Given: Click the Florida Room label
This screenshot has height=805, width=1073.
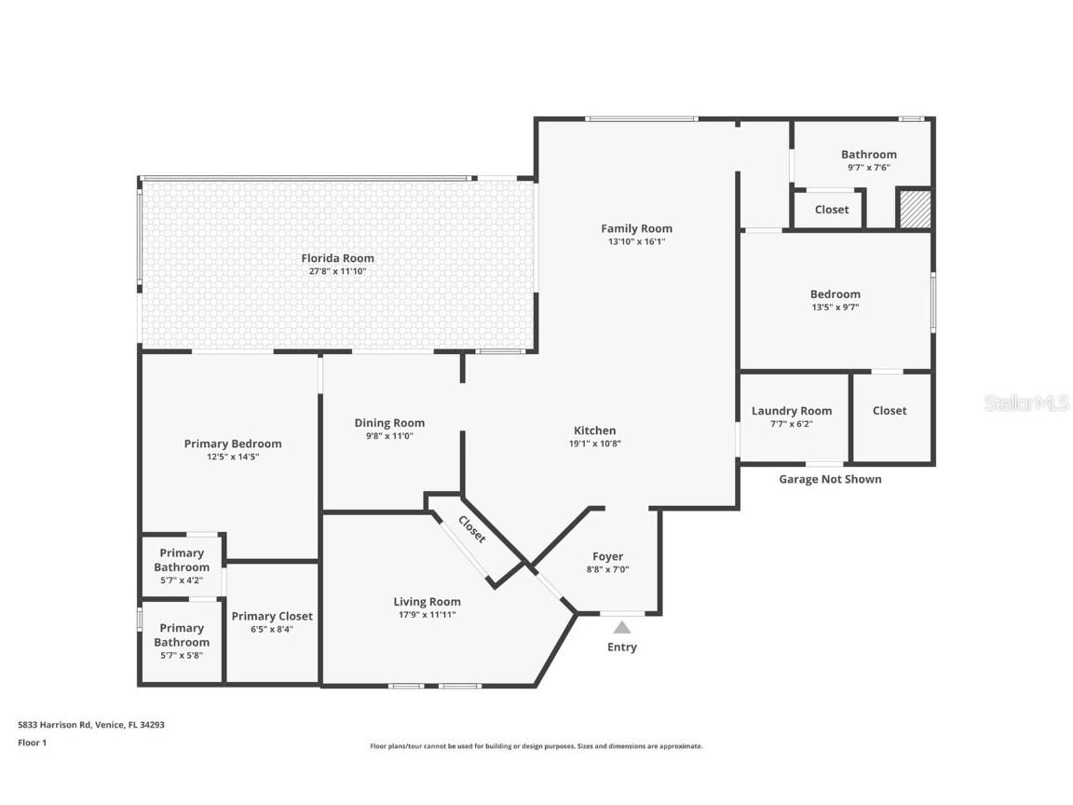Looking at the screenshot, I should coord(337,258).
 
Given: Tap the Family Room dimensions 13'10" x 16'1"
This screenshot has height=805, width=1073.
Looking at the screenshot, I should coord(636,241).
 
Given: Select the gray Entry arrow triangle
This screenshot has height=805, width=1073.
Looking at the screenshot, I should coord(621,628).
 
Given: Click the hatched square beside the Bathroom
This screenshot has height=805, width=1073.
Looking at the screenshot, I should coord(914,209).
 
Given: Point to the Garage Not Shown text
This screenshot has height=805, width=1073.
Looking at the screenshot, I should coord(830,479).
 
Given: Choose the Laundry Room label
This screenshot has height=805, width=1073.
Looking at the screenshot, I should coord(792,411).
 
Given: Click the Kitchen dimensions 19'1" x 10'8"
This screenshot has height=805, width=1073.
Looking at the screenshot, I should coord(594,443).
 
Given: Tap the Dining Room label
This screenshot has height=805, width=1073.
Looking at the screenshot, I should coord(389,423).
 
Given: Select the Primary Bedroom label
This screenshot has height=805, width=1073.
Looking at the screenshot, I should coord(233,443).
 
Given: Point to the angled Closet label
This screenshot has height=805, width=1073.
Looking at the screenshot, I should coord(471,529).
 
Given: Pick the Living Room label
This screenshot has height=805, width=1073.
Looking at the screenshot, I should coord(427,601).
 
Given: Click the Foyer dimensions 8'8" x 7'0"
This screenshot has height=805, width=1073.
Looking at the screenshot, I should coord(607,569).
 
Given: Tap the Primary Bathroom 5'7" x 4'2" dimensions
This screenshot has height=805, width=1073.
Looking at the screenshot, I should coord(182,580).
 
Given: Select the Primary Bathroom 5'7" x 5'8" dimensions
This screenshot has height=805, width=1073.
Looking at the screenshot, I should coord(182,655).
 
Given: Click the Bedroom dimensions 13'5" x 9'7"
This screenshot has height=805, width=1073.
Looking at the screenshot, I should coord(835,307).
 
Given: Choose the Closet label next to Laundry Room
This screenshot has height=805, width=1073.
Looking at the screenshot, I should coord(890,411).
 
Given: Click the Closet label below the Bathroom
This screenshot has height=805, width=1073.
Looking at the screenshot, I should coord(832,210).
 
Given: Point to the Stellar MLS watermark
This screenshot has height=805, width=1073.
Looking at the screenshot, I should coord(1026,402).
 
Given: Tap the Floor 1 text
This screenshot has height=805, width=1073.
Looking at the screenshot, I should coord(32,743).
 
